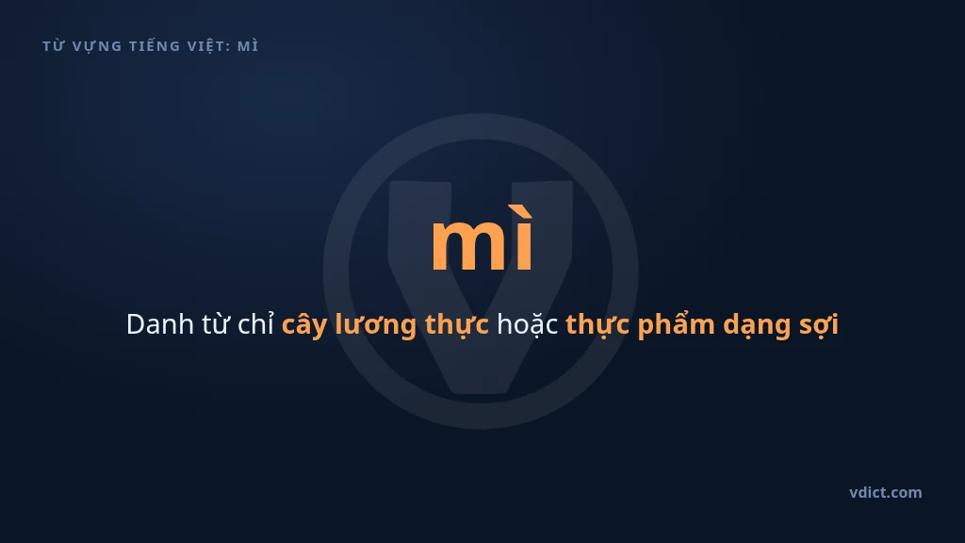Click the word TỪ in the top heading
pyautogui.click(x=54, y=46)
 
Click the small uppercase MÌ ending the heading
pyautogui.click(x=248, y=45)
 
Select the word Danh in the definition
pyautogui.click(x=160, y=324)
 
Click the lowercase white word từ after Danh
pyautogui.click(x=216, y=324)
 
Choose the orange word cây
pyautogui.click(x=304, y=325)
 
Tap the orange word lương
pyautogui.click(x=375, y=325)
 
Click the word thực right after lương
pyautogui.click(x=457, y=324)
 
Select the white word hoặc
pyautogui.click(x=528, y=324)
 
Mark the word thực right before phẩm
pyautogui.click(x=597, y=324)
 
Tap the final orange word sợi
pyautogui.click(x=819, y=325)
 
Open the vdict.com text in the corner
pyautogui.click(x=886, y=492)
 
